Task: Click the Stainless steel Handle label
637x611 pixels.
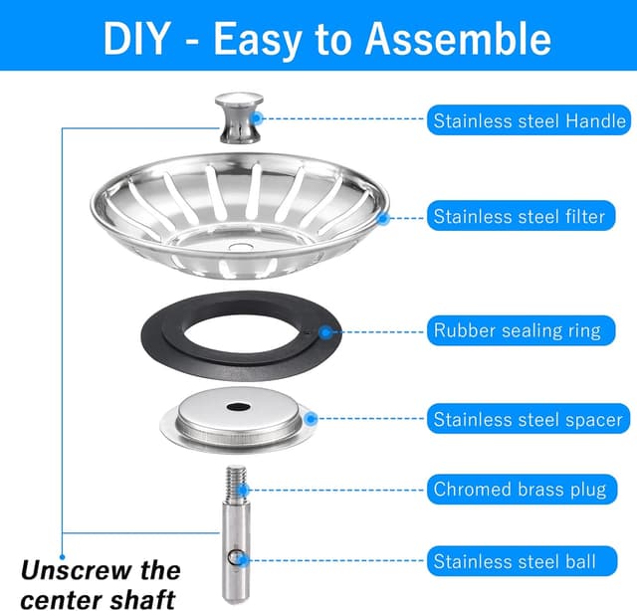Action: [x=529, y=121]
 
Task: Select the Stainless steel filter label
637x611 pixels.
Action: [x=519, y=216]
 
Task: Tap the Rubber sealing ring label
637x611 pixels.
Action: [x=517, y=330]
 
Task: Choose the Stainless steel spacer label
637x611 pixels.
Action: [x=528, y=419]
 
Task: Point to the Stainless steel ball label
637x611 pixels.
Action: [x=515, y=561]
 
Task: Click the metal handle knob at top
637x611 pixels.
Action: [x=239, y=119]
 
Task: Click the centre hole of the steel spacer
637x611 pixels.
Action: [x=239, y=409]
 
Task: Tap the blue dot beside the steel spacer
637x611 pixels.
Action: [x=309, y=419]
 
